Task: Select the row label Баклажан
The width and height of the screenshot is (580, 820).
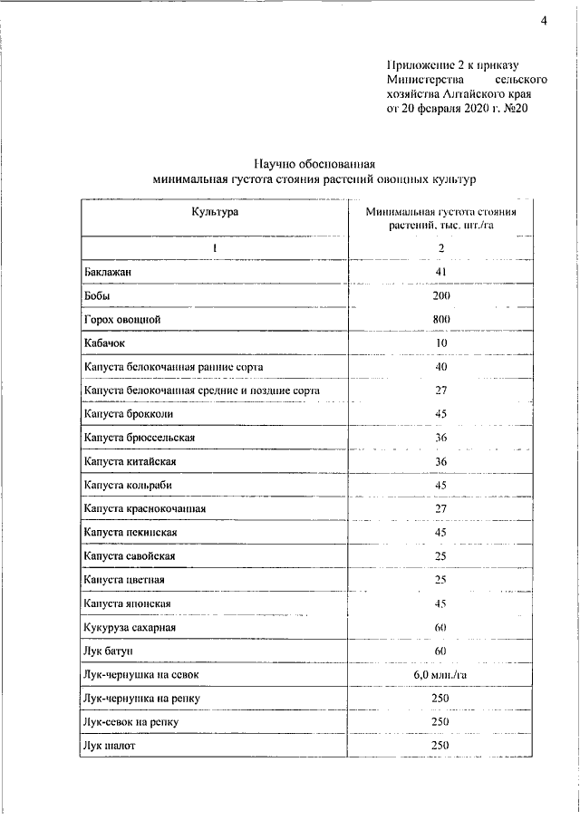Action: pos(107,272)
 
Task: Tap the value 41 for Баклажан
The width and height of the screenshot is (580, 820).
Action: pos(441,272)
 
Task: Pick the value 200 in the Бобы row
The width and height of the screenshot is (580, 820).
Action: pos(441,295)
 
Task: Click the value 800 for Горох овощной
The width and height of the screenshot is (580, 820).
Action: pos(441,319)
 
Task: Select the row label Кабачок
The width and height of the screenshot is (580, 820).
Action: pos(104,342)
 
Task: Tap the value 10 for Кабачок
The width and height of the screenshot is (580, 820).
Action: pos(441,342)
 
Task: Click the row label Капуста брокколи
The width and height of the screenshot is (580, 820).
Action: pos(128,413)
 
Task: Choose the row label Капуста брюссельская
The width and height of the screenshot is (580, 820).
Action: pos(139,437)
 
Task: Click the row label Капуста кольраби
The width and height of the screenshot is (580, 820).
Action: pos(128,484)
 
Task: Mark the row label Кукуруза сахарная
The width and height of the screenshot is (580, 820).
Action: pos(130,627)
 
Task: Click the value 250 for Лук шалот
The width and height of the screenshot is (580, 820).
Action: pos(441,746)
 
